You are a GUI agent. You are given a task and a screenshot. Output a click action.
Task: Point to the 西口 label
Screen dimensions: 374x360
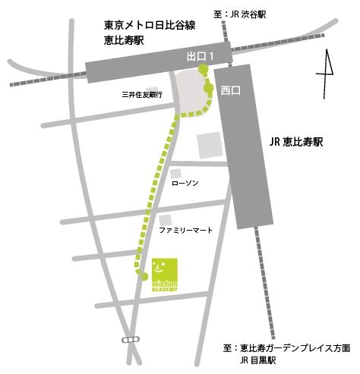coord(229,90)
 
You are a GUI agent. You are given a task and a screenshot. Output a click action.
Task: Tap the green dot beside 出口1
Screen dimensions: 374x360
coord(203,71)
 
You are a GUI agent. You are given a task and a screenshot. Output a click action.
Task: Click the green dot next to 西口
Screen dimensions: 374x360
coord(208,89)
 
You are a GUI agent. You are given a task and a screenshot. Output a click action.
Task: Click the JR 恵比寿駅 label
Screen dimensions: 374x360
coord(295,142)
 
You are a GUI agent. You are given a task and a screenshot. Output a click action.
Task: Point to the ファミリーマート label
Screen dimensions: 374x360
coord(185,229)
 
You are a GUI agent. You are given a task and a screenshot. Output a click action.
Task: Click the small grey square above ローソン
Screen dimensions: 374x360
coord(175,174)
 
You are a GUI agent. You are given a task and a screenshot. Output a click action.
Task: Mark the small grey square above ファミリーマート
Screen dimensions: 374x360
coord(165,218)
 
